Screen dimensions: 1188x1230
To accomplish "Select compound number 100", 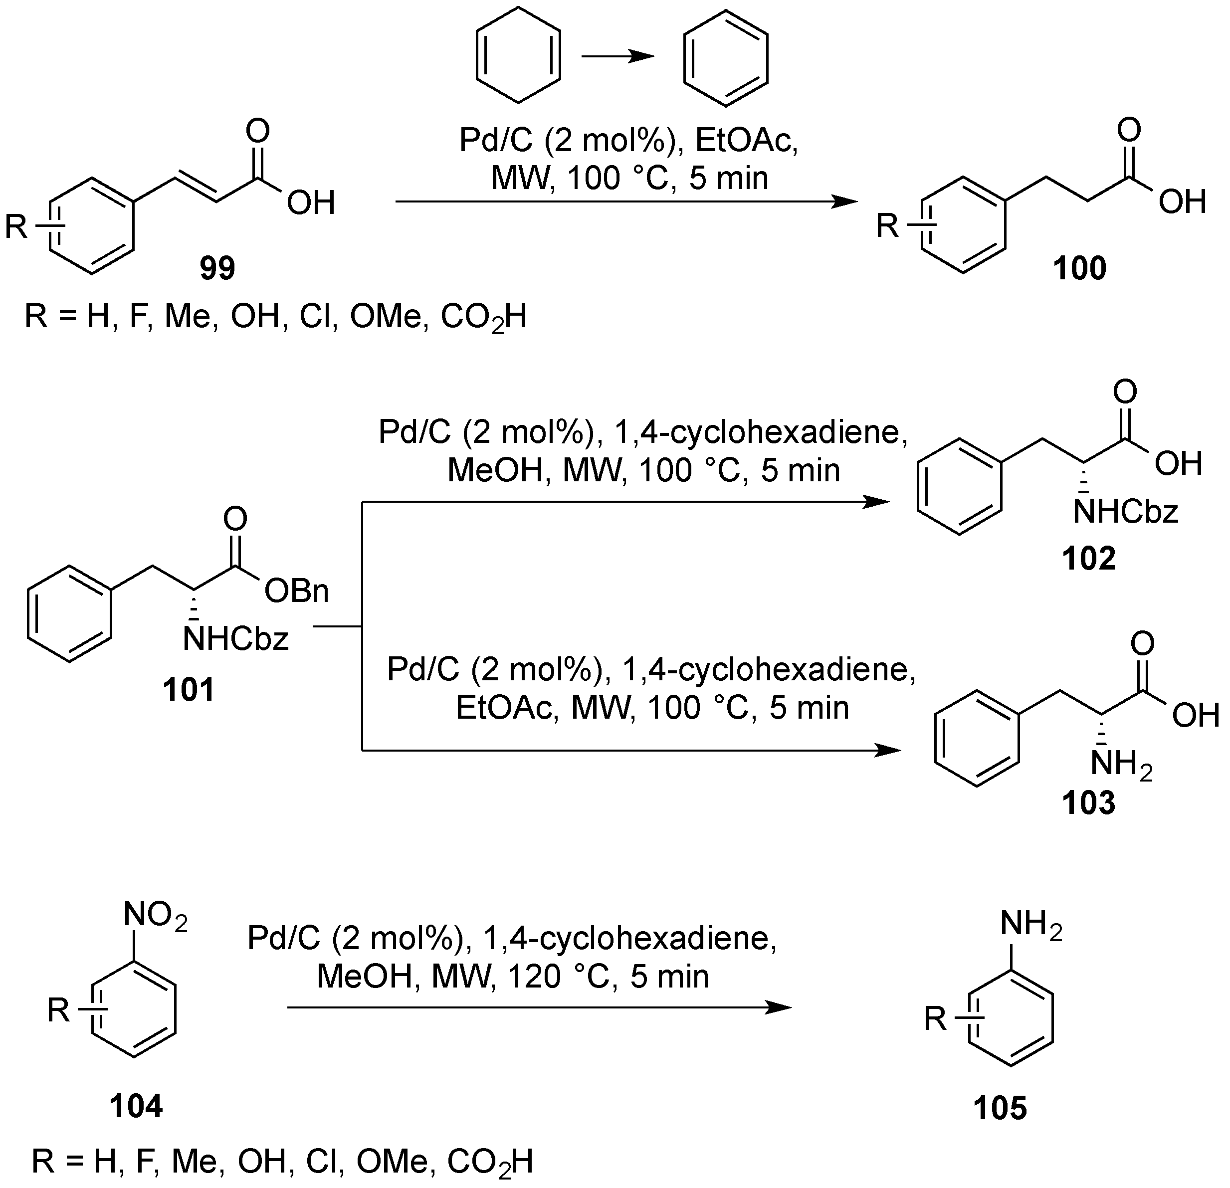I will click(x=1079, y=269).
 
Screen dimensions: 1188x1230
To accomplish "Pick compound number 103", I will click(x=1089, y=802).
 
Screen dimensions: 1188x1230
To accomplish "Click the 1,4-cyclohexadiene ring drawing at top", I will click(x=518, y=55).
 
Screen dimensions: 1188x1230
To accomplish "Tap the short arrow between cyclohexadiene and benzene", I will click(x=617, y=56).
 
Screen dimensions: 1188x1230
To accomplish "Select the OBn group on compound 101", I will click(x=297, y=591).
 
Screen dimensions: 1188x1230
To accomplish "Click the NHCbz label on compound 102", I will click(x=1125, y=512).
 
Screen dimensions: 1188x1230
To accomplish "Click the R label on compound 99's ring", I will click(x=16, y=226).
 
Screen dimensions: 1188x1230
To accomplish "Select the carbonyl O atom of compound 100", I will click(x=1128, y=131).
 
